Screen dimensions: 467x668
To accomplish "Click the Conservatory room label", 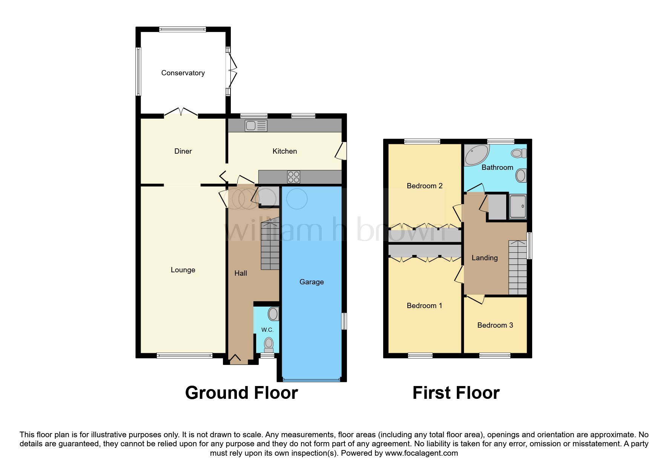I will pyautogui.click(x=183, y=73).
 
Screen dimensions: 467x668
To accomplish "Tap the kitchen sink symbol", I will pyautogui.click(x=256, y=125).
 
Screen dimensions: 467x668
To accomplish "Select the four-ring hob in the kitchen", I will pyautogui.click(x=293, y=177).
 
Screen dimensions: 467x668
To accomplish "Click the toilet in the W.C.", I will pyautogui.click(x=269, y=344).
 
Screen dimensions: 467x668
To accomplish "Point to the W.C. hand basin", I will pyautogui.click(x=273, y=314).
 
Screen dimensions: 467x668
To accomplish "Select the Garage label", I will pyautogui.click(x=312, y=282).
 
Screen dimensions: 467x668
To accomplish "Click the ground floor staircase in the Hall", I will pyautogui.click(x=270, y=246).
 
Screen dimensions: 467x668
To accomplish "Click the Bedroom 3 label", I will pyautogui.click(x=495, y=325).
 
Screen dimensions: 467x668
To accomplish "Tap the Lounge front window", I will pyautogui.click(x=184, y=355).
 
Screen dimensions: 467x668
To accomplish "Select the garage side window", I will pyautogui.click(x=344, y=321).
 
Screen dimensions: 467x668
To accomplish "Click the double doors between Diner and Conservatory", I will pyautogui.click(x=181, y=112).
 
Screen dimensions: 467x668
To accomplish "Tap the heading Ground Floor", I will pyautogui.click(x=241, y=393).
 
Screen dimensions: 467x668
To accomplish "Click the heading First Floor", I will pyautogui.click(x=456, y=393).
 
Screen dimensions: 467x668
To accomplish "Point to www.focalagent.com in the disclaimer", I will pyautogui.click(x=421, y=453).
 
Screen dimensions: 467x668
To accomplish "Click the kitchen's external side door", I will pyautogui.click(x=342, y=151).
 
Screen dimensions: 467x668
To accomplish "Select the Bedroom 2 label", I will pyautogui.click(x=424, y=186).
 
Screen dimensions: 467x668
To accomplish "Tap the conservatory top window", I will pyautogui.click(x=183, y=29).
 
